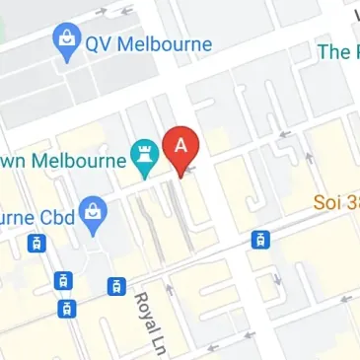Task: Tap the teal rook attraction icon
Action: tap(144, 157)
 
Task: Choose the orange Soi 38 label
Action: tap(336, 202)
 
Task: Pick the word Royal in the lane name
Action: tap(144, 313)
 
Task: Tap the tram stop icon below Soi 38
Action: tap(259, 240)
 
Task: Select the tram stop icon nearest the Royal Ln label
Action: tap(116, 287)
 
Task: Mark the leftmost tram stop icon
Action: tap(36, 243)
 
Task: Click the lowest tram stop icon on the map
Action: tap(66, 308)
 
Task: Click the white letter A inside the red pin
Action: tap(180, 144)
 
